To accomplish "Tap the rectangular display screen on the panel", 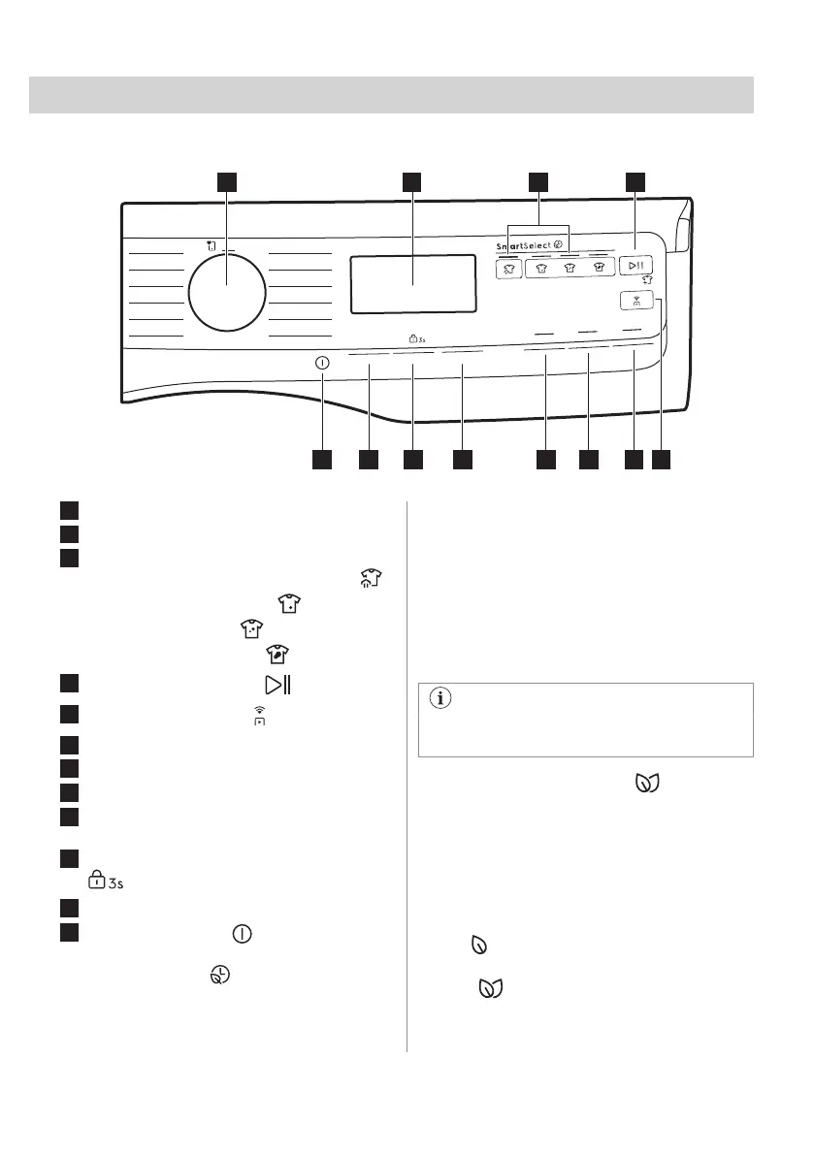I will coord(411,284).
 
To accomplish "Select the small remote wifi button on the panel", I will coord(637,302).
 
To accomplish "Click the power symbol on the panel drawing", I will coord(322,362).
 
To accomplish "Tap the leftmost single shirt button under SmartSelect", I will coord(507,269).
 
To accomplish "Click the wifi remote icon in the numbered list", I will coord(258,716).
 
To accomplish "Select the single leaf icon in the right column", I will coord(476,942).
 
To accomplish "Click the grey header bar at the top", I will coord(391,94).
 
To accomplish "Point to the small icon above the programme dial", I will coord(211,246).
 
